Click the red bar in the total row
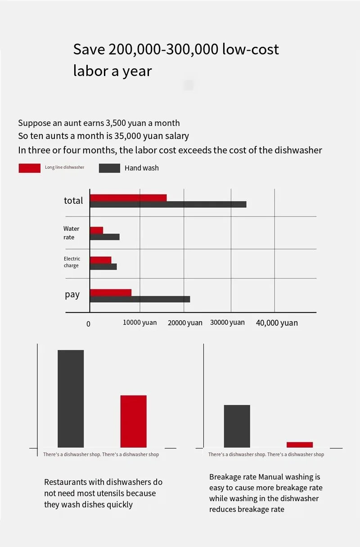pyautogui.click(x=128, y=197)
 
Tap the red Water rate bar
pyautogui.click(x=96, y=230)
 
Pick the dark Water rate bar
pyautogui.click(x=104, y=237)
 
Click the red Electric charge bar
pyautogui.click(x=100, y=260)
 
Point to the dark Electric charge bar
pyautogui.click(x=103, y=266)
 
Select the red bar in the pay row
pyautogui.click(x=111, y=292)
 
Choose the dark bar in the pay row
pyautogui.click(x=140, y=299)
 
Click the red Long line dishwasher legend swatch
pyautogui.click(x=29, y=168)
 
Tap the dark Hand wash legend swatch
pyautogui.click(x=109, y=168)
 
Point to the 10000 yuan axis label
pyautogui.click(x=140, y=323)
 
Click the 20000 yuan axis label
pyautogui.click(x=185, y=323)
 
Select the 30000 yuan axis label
pyautogui.click(x=227, y=323)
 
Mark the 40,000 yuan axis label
pyautogui.click(x=277, y=323)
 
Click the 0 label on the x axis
pyautogui.click(x=88, y=324)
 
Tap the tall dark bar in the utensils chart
pyautogui.click(x=71, y=399)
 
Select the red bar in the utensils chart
pyautogui.click(x=133, y=421)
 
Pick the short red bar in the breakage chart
pyautogui.click(x=299, y=444)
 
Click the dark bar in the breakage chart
pyautogui.click(x=237, y=426)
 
